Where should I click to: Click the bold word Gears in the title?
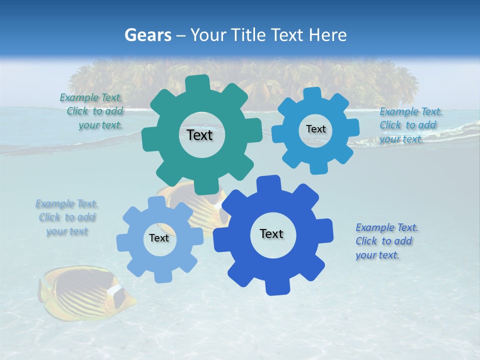(148, 35)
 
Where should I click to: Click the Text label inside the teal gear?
(199, 135)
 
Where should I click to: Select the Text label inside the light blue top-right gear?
(315, 129)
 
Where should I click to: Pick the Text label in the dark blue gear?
(271, 234)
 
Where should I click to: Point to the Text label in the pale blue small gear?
(159, 238)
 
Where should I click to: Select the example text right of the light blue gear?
(410, 125)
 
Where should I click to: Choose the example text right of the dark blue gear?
(386, 241)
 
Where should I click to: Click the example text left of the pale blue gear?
(66, 217)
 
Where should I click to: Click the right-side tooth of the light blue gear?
(352, 128)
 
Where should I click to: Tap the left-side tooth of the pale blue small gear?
(122, 242)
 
